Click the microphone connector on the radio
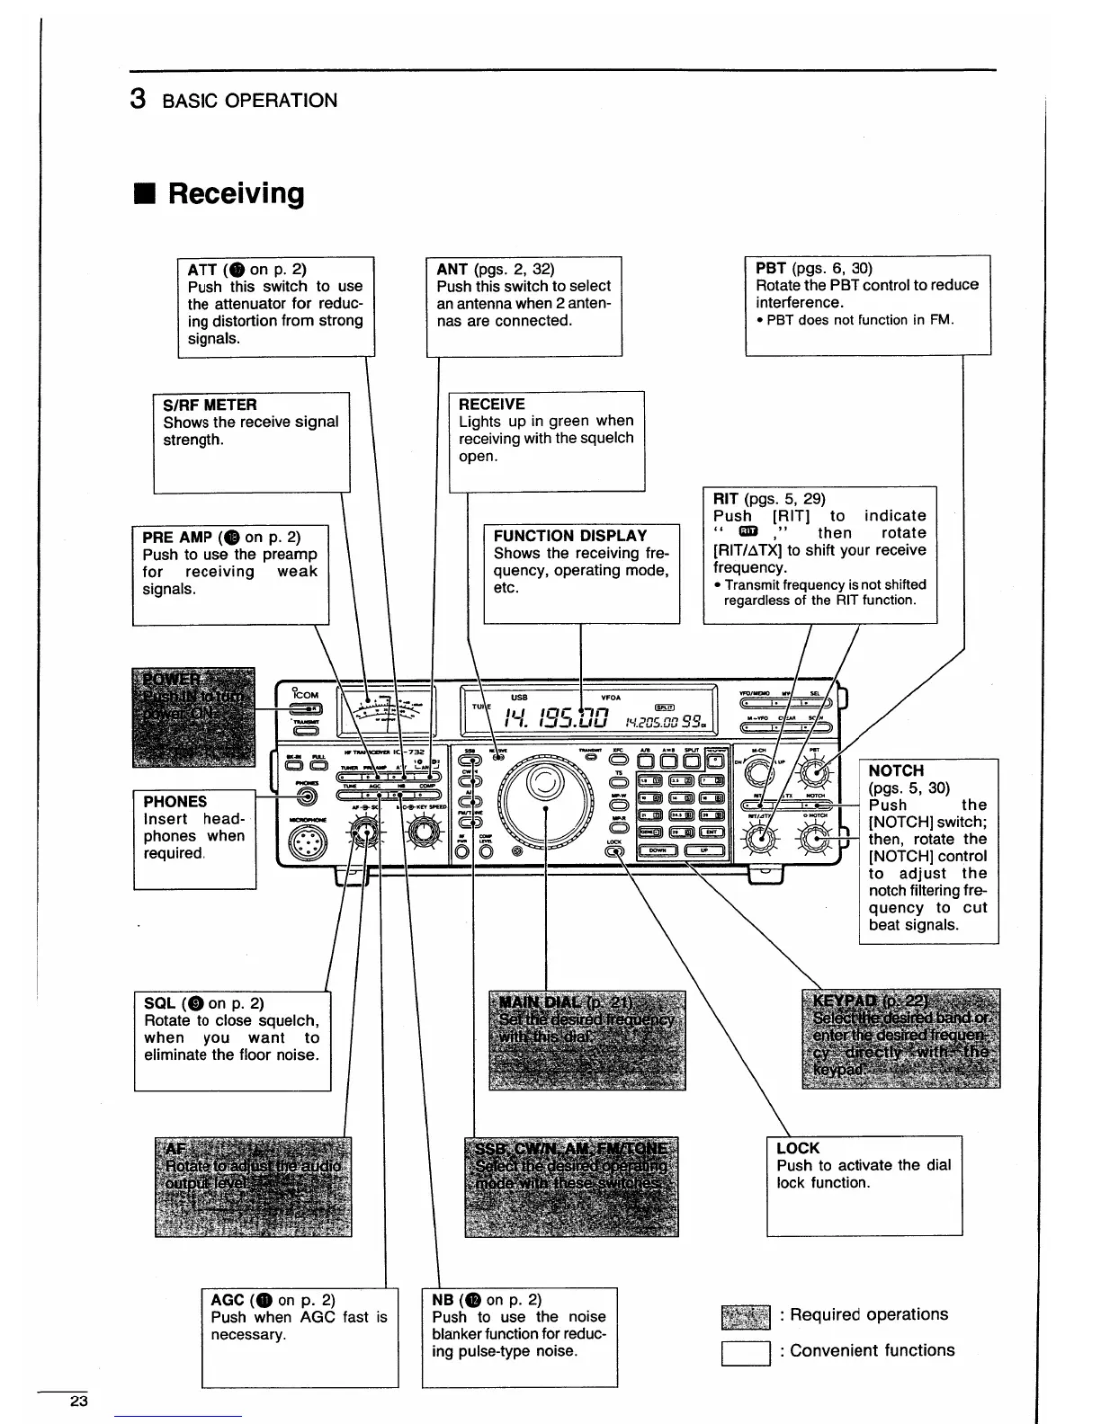(304, 842)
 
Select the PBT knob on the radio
(815, 770)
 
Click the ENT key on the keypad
(710, 832)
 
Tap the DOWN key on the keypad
(659, 850)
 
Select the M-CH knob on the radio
(758, 770)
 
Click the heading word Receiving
(236, 194)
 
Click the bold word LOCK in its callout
(797, 1148)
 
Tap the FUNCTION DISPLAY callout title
(570, 536)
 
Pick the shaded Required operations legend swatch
(746, 1316)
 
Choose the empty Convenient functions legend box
(746, 1352)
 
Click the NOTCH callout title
(896, 770)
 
